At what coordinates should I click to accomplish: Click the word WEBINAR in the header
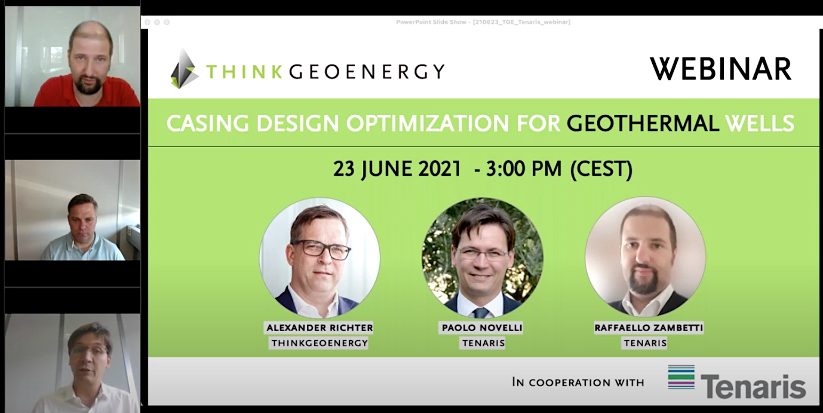pyautogui.click(x=720, y=69)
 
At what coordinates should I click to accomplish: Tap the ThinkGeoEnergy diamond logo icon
pyautogui.click(x=184, y=69)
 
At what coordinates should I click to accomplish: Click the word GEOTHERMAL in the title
pyautogui.click(x=643, y=124)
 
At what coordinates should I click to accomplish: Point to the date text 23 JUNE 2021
pyautogui.click(x=397, y=169)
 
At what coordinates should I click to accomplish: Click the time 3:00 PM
pyautogui.click(x=524, y=169)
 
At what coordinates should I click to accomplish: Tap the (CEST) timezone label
pyautogui.click(x=601, y=169)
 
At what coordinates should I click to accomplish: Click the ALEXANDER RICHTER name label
pyautogui.click(x=320, y=328)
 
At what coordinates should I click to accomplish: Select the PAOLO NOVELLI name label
pyautogui.click(x=483, y=328)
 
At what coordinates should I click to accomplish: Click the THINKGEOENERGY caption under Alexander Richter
pyautogui.click(x=320, y=343)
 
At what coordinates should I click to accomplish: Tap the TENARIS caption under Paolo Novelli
pyautogui.click(x=483, y=343)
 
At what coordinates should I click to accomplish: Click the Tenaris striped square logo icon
pyautogui.click(x=681, y=377)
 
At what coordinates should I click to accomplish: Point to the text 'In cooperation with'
pyautogui.click(x=578, y=382)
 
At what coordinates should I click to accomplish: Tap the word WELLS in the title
pyautogui.click(x=759, y=124)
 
